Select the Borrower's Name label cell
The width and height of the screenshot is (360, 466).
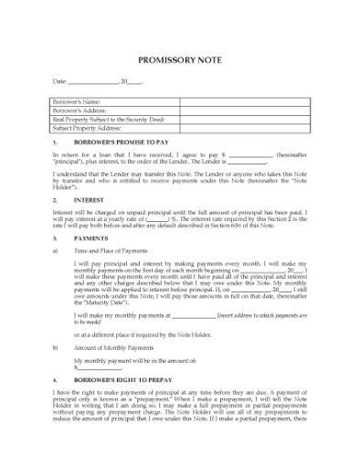(x=74, y=101)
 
